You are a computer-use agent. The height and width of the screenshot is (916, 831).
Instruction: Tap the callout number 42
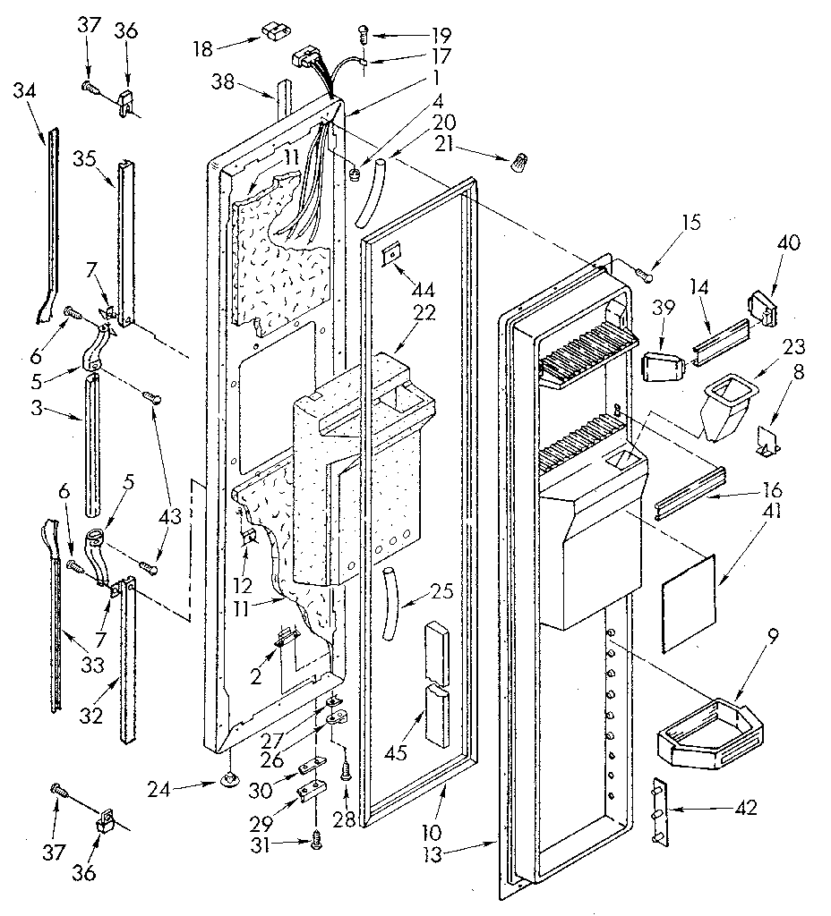pos(745,808)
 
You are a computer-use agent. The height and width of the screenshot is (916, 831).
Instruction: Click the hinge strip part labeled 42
pos(661,810)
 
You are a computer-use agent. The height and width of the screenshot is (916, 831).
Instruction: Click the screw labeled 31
pos(316,836)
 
